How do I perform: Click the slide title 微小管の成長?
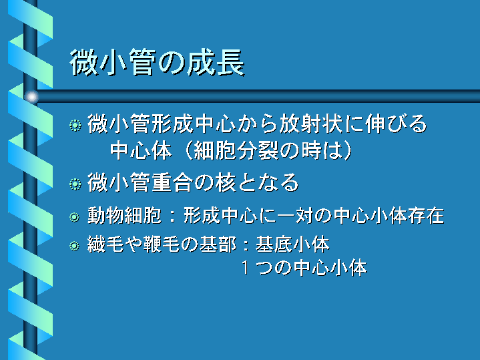[157, 62]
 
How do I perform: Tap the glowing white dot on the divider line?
[31, 97]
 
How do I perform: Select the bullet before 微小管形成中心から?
[75, 126]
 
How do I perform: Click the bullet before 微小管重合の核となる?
[75, 184]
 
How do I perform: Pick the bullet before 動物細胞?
[74, 217]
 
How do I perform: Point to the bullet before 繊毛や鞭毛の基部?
[74, 246]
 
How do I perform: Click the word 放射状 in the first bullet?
[310, 124]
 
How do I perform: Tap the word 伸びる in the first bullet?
[396, 124]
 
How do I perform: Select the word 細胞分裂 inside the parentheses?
[236, 150]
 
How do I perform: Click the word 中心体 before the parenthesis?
[141, 150]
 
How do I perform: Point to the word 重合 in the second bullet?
[172, 182]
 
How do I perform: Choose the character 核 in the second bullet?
[225, 182]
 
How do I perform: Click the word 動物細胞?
[124, 216]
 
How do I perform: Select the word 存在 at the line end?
[426, 216]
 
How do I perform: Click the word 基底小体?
[292, 244]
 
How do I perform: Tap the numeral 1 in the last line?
[245, 267]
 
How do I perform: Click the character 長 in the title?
[230, 62]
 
